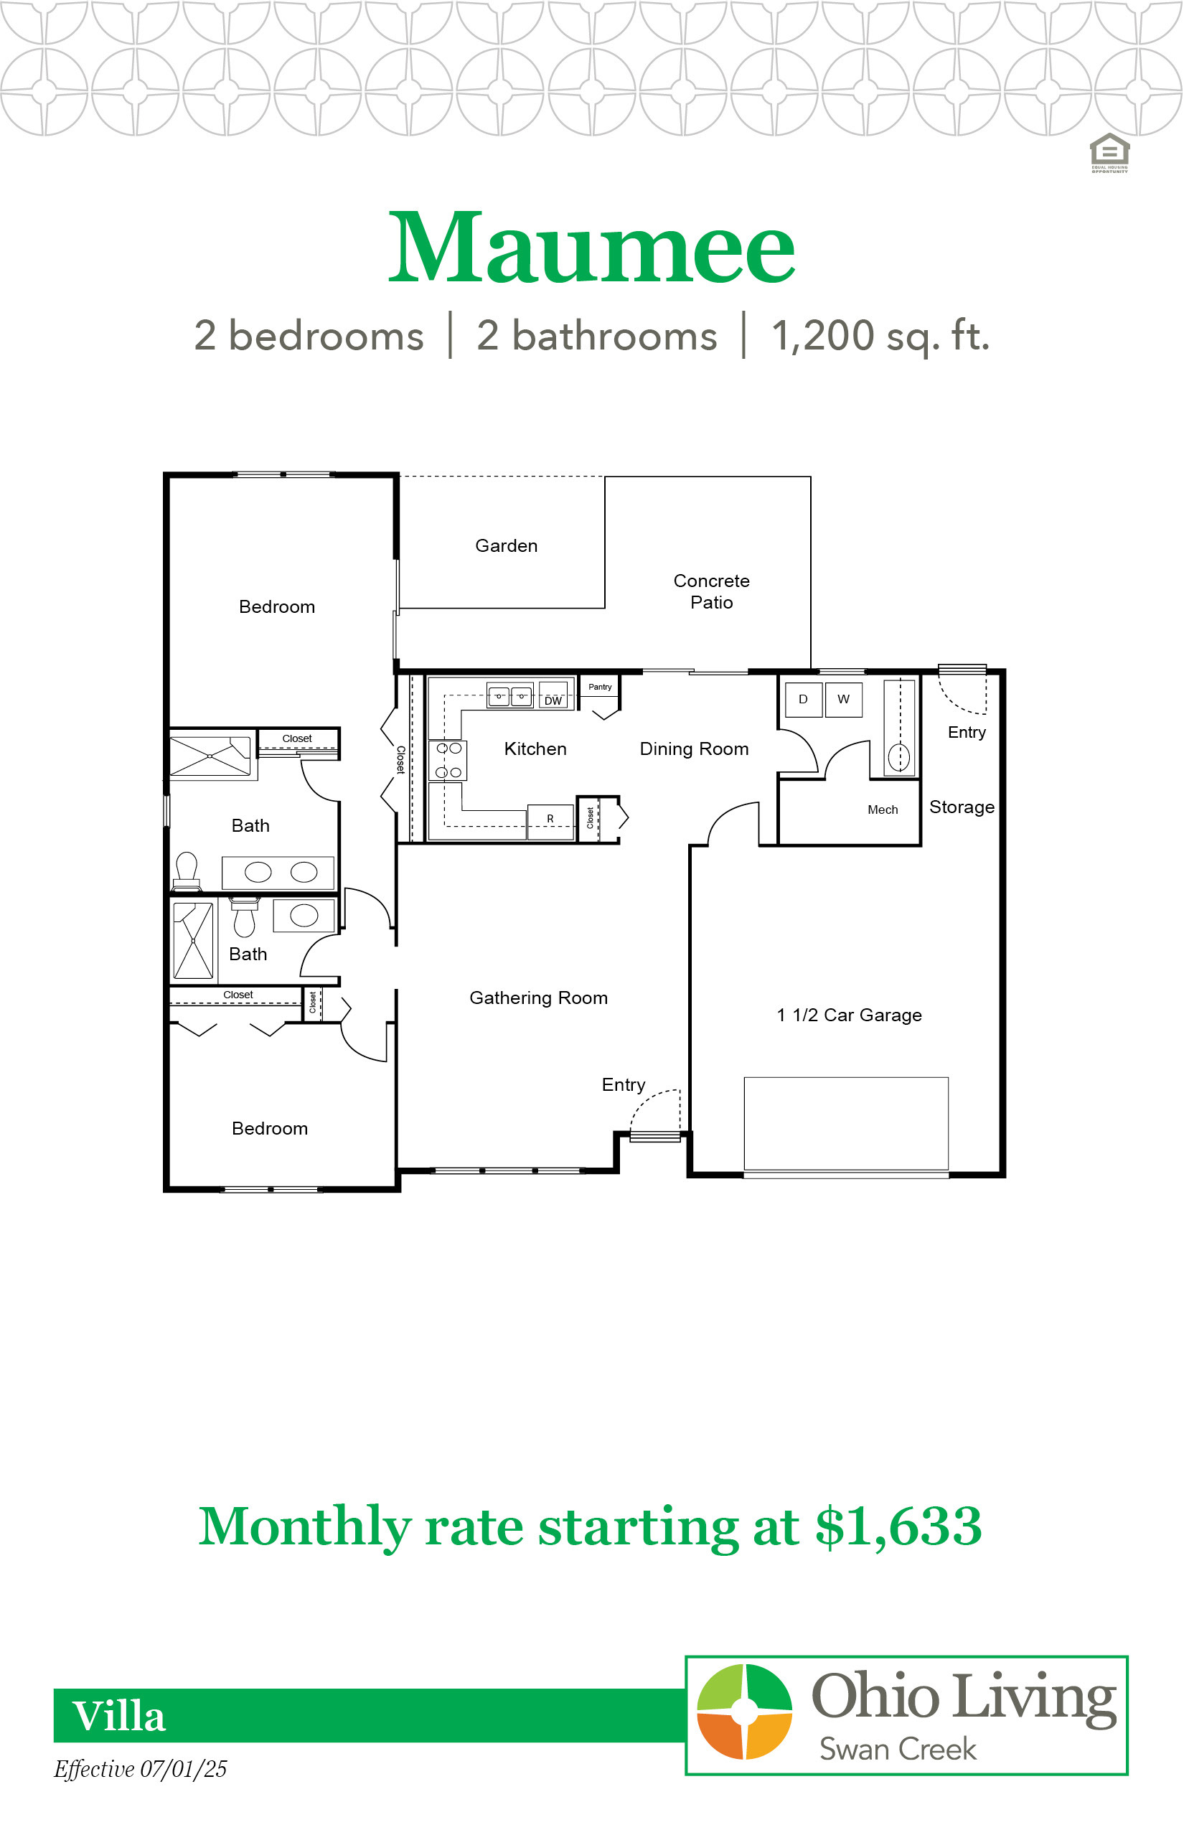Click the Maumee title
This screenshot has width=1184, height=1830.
click(591, 247)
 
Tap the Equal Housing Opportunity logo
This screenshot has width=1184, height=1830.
click(1109, 153)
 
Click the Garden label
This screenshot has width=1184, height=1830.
click(506, 546)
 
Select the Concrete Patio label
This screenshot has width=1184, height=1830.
click(711, 591)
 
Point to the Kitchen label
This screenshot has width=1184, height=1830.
click(535, 749)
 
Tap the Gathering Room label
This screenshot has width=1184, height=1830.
click(538, 998)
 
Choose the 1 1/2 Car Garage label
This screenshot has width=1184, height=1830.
click(849, 1015)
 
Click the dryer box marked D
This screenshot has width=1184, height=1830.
click(804, 699)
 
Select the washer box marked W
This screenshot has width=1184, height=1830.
click(843, 699)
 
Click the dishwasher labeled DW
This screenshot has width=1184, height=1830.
click(553, 696)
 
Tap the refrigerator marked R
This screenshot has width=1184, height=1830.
click(550, 820)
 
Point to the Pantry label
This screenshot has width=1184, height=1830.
click(600, 687)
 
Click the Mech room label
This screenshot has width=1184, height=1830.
click(883, 810)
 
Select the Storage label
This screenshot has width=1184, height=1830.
click(962, 807)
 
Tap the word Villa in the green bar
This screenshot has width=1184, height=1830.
click(118, 1716)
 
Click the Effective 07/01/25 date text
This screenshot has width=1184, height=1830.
click(141, 1769)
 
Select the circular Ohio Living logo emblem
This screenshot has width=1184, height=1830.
click(744, 1712)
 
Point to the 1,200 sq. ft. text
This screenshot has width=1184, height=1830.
click(880, 336)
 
